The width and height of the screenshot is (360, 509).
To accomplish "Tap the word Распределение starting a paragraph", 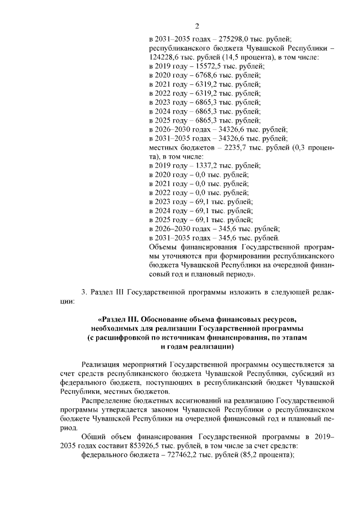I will click(x=106, y=400).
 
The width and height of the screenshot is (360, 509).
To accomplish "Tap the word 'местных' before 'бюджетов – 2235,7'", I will click(x=163, y=147).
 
